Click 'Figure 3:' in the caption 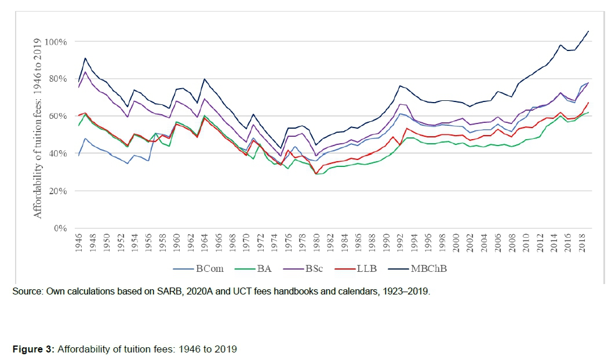coord(33,350)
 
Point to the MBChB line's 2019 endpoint coord(588,31)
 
